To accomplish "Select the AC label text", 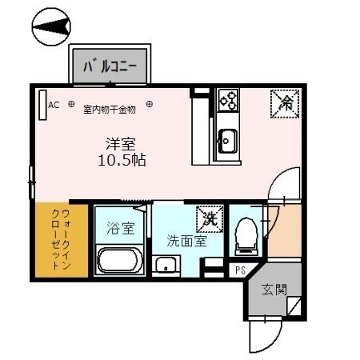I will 54,104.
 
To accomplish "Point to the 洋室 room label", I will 122,143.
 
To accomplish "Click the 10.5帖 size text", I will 122,159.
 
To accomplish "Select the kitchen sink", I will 226,143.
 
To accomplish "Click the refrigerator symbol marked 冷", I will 286,102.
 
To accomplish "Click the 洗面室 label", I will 186,240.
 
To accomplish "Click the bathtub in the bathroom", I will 120,260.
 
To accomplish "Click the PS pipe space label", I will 239,270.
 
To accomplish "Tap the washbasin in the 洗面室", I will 166,265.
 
